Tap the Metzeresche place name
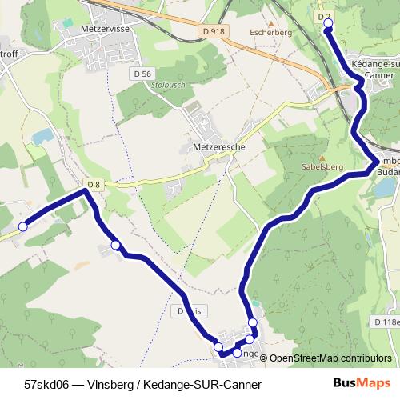click(218, 147)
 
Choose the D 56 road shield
click(142, 74)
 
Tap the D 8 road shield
click(94, 185)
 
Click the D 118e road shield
click(386, 322)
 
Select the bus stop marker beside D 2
click(328, 25)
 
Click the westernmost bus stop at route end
click(23, 226)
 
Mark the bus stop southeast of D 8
click(116, 245)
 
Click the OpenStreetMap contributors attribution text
click(330, 358)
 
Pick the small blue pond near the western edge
click(42, 137)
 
